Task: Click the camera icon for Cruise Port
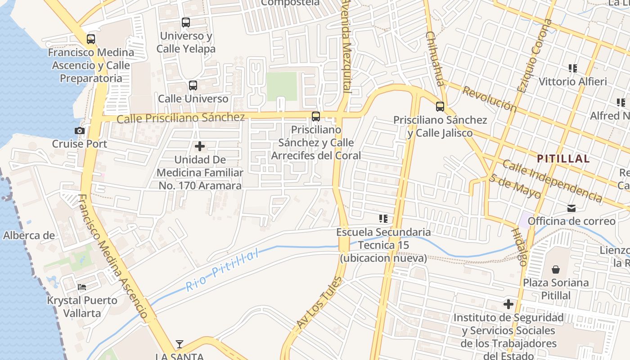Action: coord(80,131)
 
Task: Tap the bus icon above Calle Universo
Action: coord(193,85)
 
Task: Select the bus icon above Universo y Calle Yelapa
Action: coord(186,22)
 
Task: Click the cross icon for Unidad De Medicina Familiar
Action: coord(200,146)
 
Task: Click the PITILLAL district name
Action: coord(563,158)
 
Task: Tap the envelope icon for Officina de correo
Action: coord(571,208)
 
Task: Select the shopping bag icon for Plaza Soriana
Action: coord(556,270)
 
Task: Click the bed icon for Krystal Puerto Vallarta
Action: coord(82,287)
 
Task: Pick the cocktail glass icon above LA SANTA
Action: coord(180,344)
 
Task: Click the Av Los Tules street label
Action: coord(319,302)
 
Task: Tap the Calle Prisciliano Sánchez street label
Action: coord(180,118)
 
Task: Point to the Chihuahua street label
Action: coord(435,58)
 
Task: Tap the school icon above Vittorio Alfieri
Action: coord(572,68)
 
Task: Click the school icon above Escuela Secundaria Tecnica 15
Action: coord(383,219)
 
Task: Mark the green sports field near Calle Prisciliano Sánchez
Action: coord(282,86)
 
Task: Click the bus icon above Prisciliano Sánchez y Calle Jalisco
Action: coord(440,107)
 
